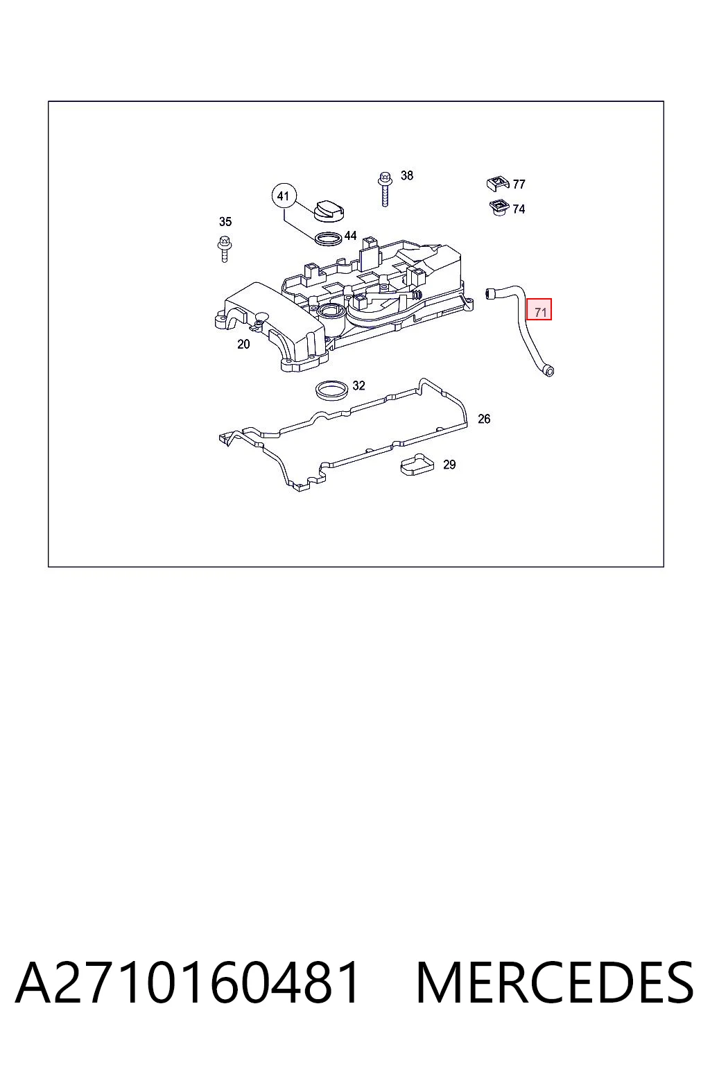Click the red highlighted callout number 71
click(539, 309)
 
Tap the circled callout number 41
click(284, 196)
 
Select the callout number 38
click(406, 175)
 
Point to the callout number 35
click(225, 222)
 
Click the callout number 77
click(519, 184)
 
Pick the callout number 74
click(519, 209)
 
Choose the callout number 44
click(350, 236)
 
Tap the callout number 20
click(243, 344)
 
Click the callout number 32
click(358, 386)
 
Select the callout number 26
click(484, 419)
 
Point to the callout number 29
click(449, 465)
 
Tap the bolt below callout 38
click(385, 189)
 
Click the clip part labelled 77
click(498, 183)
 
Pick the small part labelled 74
click(499, 208)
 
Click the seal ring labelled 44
click(328, 239)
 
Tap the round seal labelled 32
click(332, 390)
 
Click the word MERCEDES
click(555, 983)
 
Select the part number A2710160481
click(187, 983)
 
